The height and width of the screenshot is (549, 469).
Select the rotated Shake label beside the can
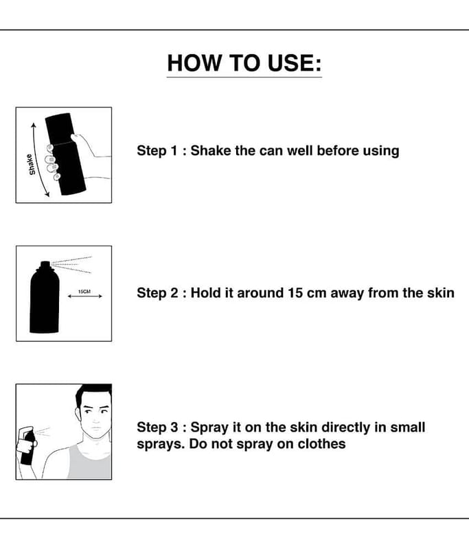31,165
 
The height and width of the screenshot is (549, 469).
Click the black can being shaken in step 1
65,154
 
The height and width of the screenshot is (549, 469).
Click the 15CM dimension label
84,291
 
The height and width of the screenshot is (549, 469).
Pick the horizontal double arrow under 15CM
84,296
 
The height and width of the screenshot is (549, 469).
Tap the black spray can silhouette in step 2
45,297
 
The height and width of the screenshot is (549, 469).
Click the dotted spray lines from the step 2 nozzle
72,264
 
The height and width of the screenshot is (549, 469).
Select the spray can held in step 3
27,447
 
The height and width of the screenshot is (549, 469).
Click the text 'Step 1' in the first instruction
157,150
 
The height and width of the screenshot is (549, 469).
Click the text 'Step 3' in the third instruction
157,427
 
